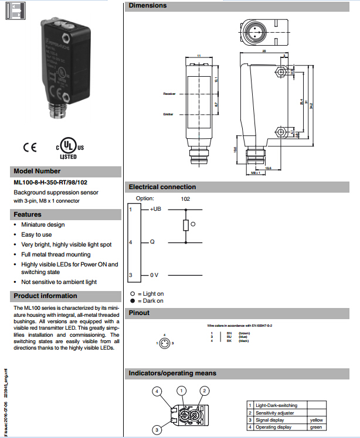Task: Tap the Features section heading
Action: pos(28,214)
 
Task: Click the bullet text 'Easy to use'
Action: pos(36,234)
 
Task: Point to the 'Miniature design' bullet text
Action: pos(43,224)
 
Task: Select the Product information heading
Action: pos(45,296)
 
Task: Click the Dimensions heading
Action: pos(147,5)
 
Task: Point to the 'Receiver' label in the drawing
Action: pos(169,94)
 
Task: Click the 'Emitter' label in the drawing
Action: pos(168,114)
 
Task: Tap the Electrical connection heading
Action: pos(162,187)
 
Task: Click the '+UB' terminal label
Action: pos(155,209)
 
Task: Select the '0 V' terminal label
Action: pos(154,275)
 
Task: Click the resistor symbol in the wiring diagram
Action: pos(186,225)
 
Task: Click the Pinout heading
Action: pos(139,313)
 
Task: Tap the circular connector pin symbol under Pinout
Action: pos(166,343)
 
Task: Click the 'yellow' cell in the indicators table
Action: pos(316,420)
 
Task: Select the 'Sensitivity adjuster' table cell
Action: pos(275,413)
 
